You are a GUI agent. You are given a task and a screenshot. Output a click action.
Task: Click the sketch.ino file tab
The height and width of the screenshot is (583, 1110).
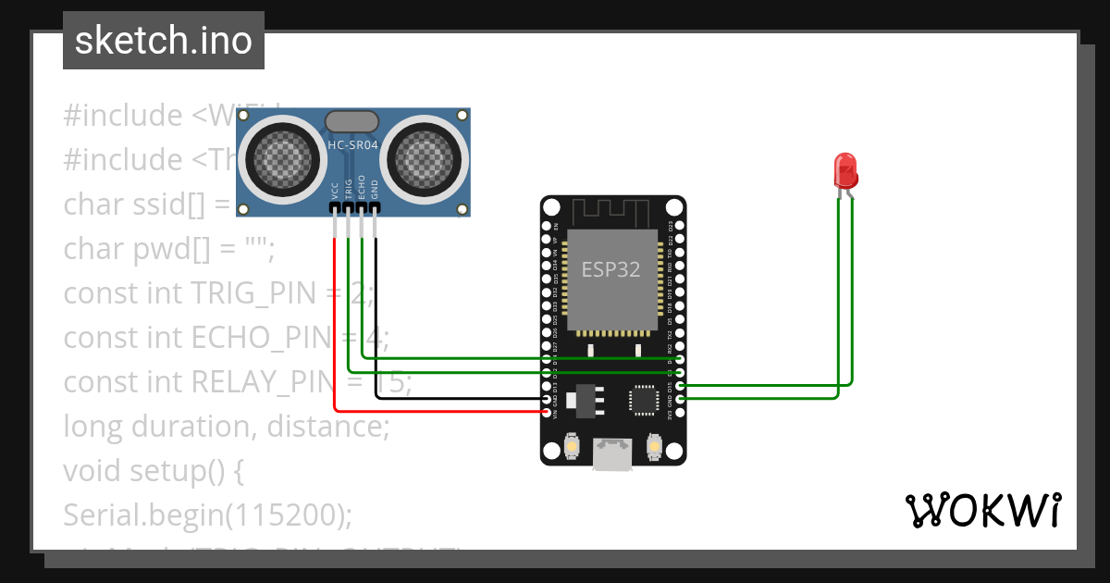coord(163,41)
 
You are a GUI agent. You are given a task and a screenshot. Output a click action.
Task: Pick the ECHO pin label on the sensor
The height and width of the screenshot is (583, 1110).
coord(362,187)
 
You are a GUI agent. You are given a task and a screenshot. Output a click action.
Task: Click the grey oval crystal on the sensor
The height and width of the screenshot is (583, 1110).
coord(352,120)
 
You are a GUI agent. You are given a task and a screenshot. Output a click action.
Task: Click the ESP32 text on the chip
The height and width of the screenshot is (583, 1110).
coord(610,269)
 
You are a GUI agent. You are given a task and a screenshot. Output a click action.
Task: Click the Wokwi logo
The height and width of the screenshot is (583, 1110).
coord(982,510)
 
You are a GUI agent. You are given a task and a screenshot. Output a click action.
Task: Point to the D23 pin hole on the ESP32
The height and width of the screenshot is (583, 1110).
coord(680,225)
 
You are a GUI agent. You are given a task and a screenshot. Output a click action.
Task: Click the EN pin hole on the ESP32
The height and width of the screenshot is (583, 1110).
coord(546,225)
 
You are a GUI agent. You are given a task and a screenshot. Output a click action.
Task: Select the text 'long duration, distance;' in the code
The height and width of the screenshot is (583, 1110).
coord(226,427)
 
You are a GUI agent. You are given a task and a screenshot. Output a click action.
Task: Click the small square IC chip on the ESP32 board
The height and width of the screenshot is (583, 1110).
coord(642,399)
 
